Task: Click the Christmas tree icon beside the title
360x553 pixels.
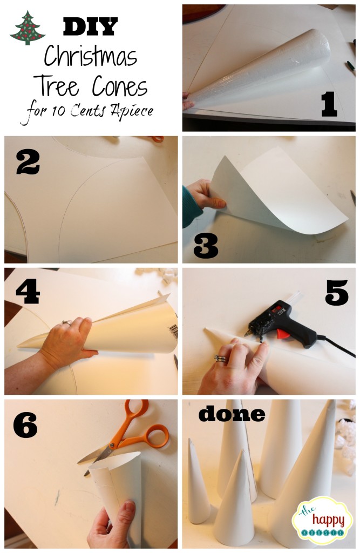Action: [x=27, y=28]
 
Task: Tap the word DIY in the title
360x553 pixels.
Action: [x=90, y=27]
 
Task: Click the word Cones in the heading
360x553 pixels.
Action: [x=120, y=87]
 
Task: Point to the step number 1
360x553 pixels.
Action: [x=329, y=104]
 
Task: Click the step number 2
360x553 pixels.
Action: [x=28, y=162]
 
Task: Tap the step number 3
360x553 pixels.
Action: [x=206, y=246]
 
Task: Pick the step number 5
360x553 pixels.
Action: [x=336, y=292]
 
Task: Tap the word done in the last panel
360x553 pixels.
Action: [x=232, y=414]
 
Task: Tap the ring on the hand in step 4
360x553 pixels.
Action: [x=66, y=322]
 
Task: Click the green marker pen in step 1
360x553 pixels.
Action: [x=350, y=65]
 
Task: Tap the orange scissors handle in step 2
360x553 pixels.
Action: [x=157, y=139]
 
